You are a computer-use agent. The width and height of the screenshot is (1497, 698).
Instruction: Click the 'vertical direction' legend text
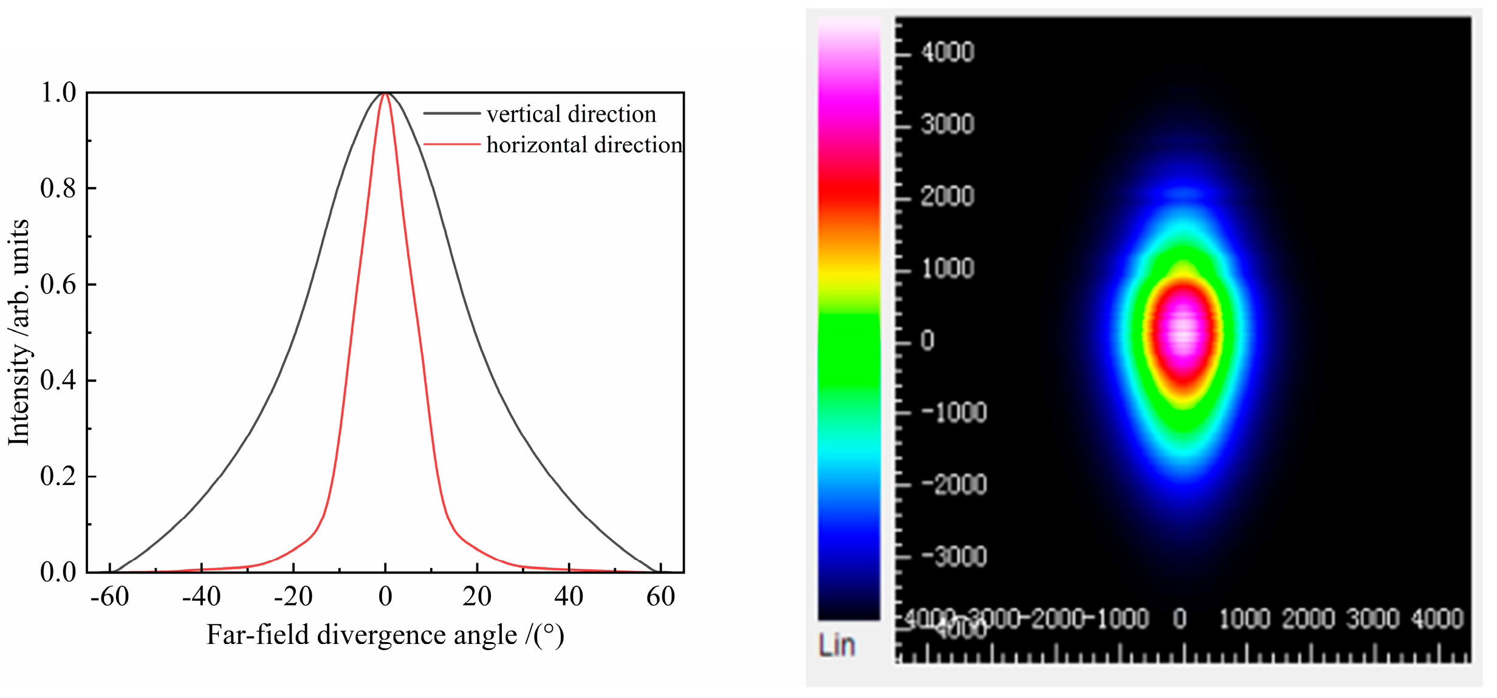coord(571,114)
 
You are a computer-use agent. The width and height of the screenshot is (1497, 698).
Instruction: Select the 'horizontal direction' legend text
coord(584,145)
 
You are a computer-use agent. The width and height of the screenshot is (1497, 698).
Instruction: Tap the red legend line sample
coord(452,144)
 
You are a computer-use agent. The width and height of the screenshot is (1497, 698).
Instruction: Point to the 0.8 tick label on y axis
coord(58,189)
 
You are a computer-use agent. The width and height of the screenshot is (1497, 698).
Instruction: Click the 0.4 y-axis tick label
coord(58,381)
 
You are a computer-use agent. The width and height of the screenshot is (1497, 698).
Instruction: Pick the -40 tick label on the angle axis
coord(201,597)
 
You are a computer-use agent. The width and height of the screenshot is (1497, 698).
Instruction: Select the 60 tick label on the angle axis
coord(660,597)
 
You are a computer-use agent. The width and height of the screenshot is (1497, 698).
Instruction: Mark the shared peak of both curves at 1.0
coord(385,93)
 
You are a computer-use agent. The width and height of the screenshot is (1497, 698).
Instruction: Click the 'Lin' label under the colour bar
coord(836,645)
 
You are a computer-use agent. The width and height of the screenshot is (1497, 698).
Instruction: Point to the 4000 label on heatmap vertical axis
coord(947,52)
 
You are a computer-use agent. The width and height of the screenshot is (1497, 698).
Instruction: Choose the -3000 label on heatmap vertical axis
coord(953,557)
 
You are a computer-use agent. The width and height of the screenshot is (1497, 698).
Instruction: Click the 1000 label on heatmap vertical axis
coord(947,268)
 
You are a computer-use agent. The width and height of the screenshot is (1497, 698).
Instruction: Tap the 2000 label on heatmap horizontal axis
coord(1308,618)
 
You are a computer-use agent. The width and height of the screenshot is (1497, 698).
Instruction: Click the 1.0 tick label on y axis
coord(58,93)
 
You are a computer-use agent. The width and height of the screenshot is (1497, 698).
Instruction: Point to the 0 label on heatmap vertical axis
coord(927,341)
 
